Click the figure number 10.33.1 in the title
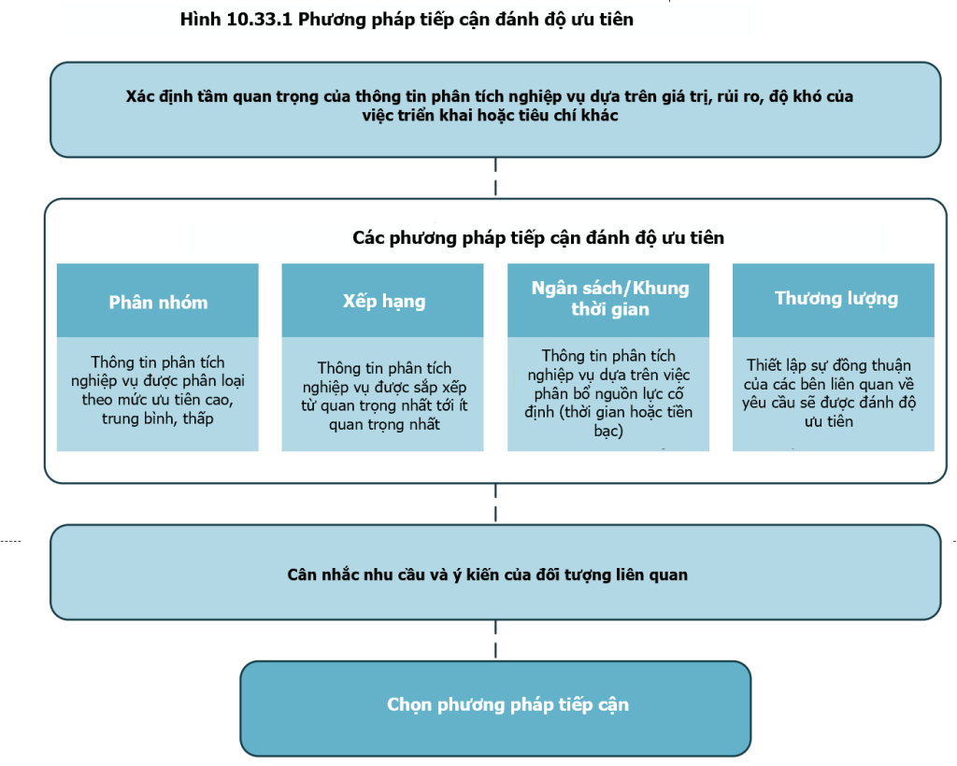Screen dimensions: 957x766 260,20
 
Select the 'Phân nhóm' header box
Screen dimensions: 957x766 157,300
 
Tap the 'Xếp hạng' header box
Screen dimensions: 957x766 382,300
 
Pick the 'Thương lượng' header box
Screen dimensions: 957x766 833,300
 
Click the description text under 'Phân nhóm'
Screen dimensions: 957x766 157,390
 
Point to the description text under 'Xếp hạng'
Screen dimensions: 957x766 384,396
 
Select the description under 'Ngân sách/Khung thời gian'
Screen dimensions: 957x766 608,393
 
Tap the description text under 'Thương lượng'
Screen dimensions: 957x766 829,393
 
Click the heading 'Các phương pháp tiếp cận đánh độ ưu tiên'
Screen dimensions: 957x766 538,238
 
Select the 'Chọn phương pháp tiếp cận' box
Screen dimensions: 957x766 495,709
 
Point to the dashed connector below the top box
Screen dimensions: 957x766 495,177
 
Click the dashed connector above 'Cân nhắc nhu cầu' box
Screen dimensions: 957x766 495,504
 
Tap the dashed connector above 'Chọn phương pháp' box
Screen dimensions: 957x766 495,641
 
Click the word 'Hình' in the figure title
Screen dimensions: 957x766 200,20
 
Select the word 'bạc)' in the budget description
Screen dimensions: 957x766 608,432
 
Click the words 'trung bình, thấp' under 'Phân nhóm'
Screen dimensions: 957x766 157,419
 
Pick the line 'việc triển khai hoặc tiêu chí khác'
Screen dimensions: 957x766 490,115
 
